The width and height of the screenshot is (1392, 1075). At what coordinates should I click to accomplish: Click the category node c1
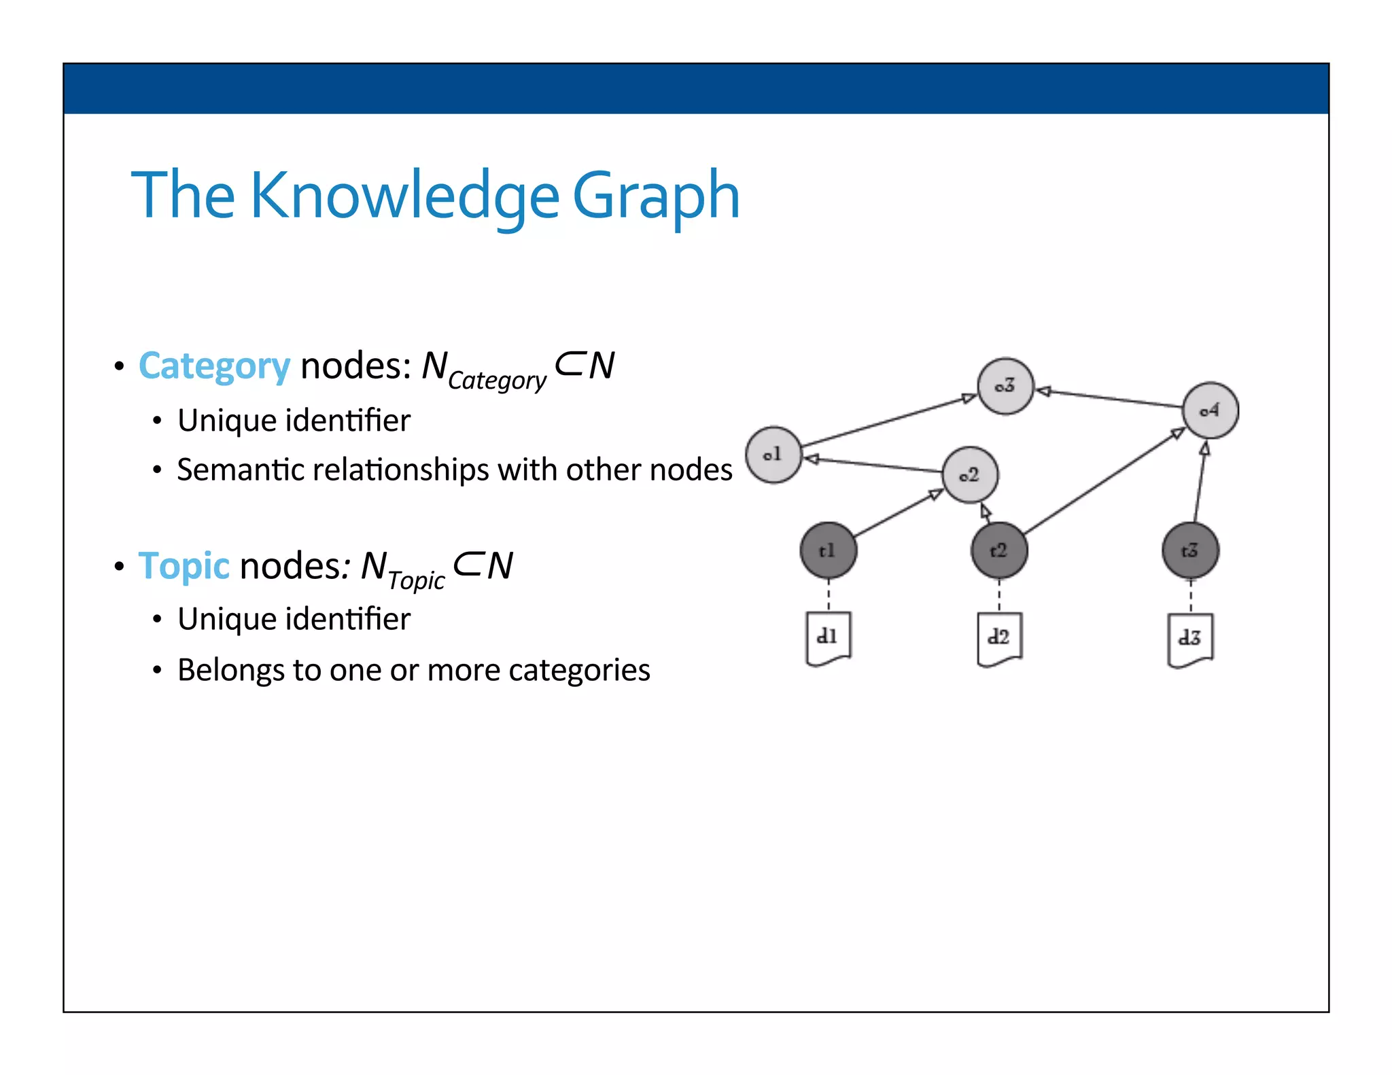[x=773, y=455]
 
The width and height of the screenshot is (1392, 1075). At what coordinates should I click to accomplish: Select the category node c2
[x=970, y=475]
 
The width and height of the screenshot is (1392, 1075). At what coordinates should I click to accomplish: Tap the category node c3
[x=1005, y=386]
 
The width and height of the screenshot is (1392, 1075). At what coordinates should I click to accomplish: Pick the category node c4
[x=1210, y=410]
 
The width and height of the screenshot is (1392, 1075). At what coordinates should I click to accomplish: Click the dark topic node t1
[x=828, y=550]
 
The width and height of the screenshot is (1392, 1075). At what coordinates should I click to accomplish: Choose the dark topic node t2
[x=998, y=550]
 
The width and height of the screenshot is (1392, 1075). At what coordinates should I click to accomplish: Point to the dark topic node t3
[x=1190, y=550]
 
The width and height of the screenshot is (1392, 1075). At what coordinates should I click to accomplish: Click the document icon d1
[x=828, y=638]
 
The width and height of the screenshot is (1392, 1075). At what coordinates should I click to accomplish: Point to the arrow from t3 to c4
[x=1200, y=482]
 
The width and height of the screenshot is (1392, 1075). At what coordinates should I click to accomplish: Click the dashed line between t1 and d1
[x=829, y=595]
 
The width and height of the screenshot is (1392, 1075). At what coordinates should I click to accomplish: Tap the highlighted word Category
[x=214, y=366]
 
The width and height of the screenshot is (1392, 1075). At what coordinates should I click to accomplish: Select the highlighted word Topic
[x=184, y=566]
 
